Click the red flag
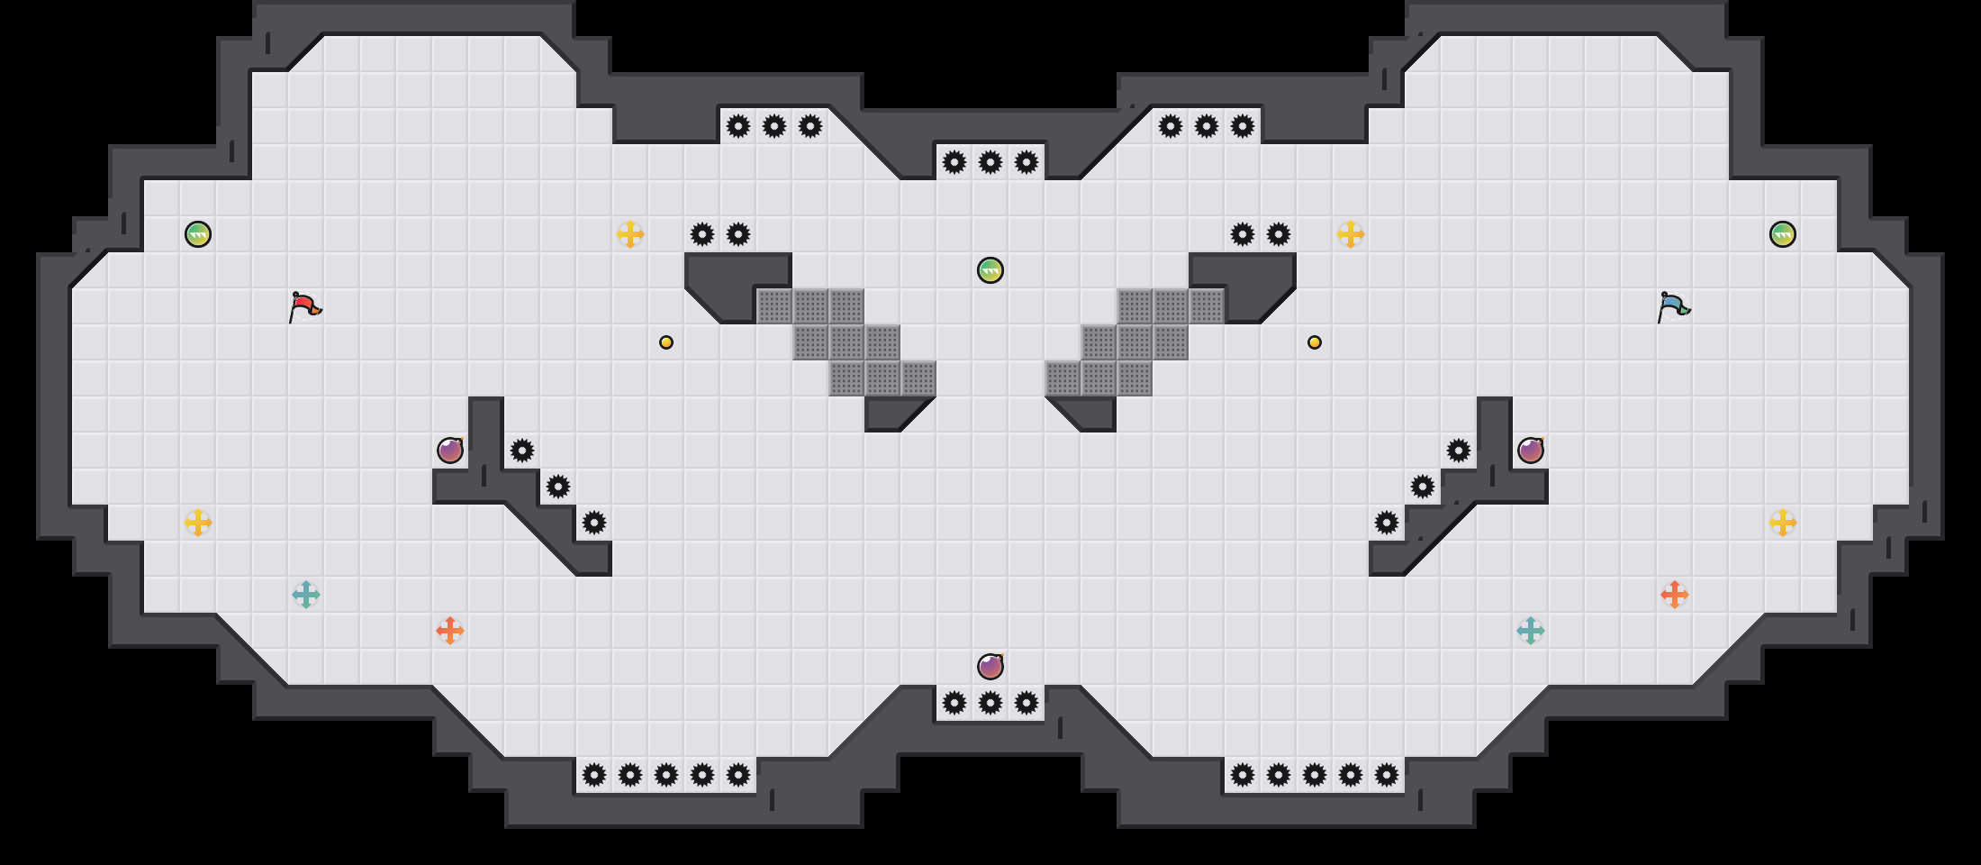click(x=304, y=306)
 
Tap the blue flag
click(x=1673, y=306)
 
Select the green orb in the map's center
click(x=991, y=270)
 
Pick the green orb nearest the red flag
click(x=198, y=234)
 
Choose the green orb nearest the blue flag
click(x=1783, y=234)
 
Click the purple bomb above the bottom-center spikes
click(x=991, y=667)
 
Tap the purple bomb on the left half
click(x=450, y=451)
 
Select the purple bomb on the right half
click(x=1531, y=451)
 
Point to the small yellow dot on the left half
click(x=666, y=342)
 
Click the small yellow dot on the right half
click(x=1315, y=342)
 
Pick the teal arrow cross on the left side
click(x=306, y=595)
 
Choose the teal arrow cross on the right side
click(x=1531, y=631)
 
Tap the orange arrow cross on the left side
click(x=450, y=631)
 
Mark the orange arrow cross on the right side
click(x=1675, y=595)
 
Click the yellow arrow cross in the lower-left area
click(x=198, y=523)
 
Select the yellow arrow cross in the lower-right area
click(x=1783, y=523)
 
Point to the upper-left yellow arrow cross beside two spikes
click(x=630, y=234)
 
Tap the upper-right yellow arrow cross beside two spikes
click(x=1351, y=234)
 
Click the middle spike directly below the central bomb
click(x=991, y=703)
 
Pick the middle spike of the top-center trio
click(x=991, y=162)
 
